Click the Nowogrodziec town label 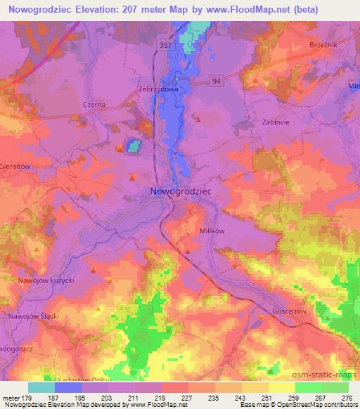(181, 190)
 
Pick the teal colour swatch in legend (41, 387)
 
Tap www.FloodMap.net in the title (243, 10)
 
